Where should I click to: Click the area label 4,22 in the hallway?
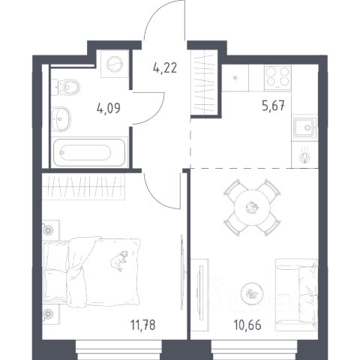coord(165,68)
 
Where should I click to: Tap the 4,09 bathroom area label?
coord(109,108)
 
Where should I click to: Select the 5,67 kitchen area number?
coord(273,106)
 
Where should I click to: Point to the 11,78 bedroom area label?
coord(142,325)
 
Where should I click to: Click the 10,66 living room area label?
coord(247,325)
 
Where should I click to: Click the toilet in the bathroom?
coord(65,87)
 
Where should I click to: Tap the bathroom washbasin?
coord(61,119)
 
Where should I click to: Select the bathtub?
coord(89,152)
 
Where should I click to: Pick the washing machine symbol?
coord(115,64)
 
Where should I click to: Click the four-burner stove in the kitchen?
coord(277,78)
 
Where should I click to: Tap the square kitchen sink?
coord(304,127)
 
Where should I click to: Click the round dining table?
coord(252,208)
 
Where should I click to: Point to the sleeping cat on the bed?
coord(119,261)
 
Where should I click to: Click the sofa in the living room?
coord(296,295)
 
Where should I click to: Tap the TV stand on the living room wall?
coord(199,295)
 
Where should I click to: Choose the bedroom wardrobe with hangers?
coord(83,187)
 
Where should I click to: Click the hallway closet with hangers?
coord(205,82)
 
